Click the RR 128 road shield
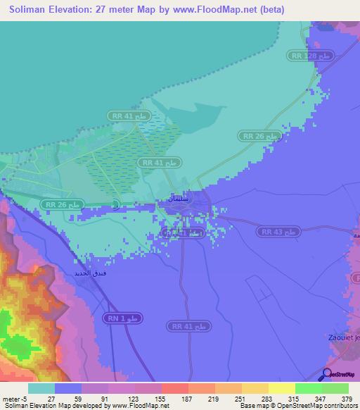[309, 55]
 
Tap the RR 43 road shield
[280, 231]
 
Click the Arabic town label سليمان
[179, 199]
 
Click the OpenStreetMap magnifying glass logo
[327, 374]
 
